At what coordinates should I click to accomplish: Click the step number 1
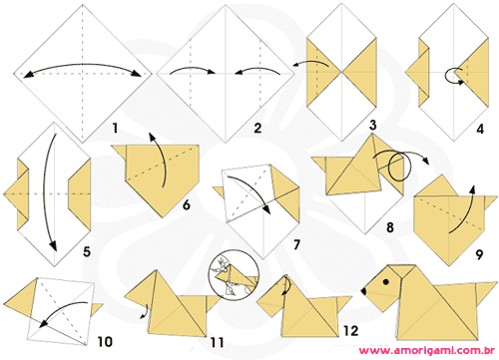(115, 128)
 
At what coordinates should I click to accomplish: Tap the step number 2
(257, 128)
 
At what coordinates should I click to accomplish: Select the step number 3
(373, 126)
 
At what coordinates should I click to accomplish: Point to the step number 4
(480, 129)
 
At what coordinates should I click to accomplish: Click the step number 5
(87, 251)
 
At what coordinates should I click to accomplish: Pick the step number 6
(187, 204)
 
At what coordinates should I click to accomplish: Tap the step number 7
(296, 244)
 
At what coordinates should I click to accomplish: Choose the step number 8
(390, 227)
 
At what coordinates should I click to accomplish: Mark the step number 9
(479, 254)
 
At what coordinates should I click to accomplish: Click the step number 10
(105, 341)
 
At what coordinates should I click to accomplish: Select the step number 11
(217, 342)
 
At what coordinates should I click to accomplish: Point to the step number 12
(351, 331)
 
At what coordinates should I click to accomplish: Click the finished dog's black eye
(386, 282)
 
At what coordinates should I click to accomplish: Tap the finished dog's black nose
(363, 291)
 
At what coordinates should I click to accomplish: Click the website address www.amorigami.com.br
(427, 350)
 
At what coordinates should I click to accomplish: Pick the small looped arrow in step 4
(453, 76)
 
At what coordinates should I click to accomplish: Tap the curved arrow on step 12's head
(287, 285)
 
